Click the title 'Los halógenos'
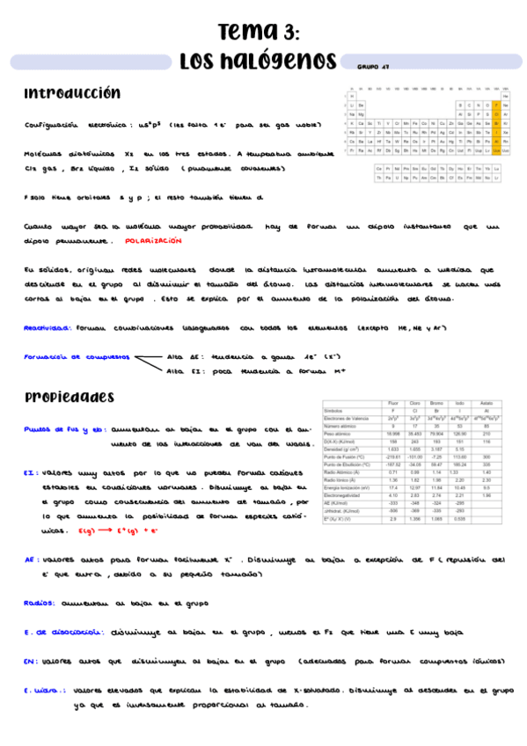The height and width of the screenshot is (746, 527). tap(258, 62)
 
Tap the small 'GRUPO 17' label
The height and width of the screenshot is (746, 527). tap(374, 66)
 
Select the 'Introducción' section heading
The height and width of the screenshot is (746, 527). tap(72, 94)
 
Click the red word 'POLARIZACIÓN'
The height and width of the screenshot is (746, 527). tap(153, 240)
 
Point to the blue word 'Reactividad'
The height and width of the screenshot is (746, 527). tap(47, 327)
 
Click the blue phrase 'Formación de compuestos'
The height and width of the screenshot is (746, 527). tap(77, 357)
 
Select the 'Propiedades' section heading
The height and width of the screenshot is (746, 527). tap(70, 398)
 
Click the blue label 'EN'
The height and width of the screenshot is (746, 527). tap(30, 660)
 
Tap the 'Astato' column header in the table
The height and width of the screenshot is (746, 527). tap(487, 403)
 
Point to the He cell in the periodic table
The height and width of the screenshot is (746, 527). tap(506, 95)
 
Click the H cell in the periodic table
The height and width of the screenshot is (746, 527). tap(352, 95)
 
